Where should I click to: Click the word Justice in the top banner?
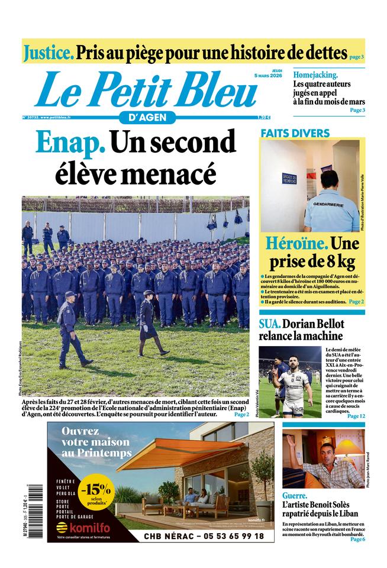click(49, 53)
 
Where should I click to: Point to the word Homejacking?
click(316, 75)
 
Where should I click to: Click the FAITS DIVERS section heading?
click(294, 133)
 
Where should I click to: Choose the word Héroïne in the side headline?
click(296, 243)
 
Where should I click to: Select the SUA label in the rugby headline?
click(269, 324)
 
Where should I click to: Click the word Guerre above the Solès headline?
click(295, 496)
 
